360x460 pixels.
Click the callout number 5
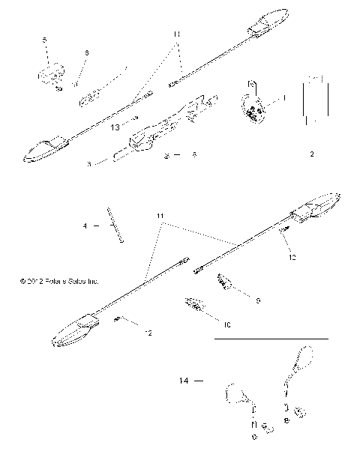[x=45, y=38]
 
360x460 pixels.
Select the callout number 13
[x=114, y=128]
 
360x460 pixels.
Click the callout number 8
[x=195, y=156]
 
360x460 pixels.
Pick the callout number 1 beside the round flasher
[x=284, y=98]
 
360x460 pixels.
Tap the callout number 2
[x=311, y=156]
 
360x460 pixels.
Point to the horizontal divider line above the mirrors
[x=271, y=339]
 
